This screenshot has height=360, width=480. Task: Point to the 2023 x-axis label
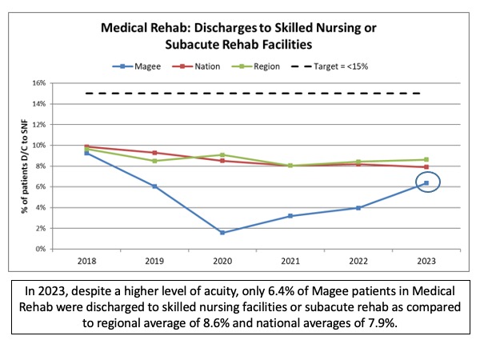coord(426,261)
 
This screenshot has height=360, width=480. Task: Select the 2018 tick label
coord(86,261)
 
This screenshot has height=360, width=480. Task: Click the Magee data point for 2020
coord(222,233)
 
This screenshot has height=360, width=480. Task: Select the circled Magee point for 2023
coord(426,183)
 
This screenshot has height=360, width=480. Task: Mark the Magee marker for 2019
coord(154,186)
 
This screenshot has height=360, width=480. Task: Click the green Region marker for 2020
coord(222,154)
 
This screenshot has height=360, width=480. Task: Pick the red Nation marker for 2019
coord(154,153)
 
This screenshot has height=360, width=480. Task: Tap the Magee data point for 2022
coord(358,208)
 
